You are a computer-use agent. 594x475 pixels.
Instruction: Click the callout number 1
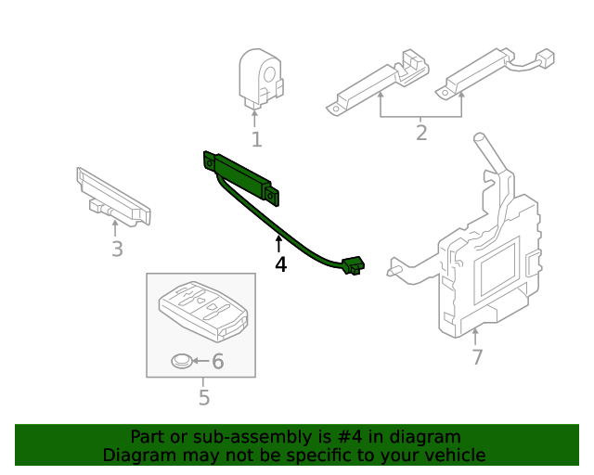click(x=256, y=140)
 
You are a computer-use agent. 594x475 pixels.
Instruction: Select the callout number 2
click(x=421, y=133)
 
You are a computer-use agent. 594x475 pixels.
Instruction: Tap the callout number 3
click(x=117, y=249)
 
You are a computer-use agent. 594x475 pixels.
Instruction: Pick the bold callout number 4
click(x=280, y=264)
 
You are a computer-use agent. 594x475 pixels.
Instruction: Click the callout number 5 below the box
click(x=204, y=398)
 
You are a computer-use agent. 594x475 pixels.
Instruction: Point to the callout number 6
click(x=218, y=361)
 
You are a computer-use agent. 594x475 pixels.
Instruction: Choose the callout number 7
click(x=476, y=356)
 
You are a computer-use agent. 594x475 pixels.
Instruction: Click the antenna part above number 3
click(x=113, y=197)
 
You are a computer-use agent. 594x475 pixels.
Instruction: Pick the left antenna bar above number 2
click(x=379, y=82)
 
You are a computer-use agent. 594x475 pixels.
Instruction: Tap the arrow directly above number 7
click(x=476, y=336)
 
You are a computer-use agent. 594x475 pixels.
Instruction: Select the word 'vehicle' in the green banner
click(x=454, y=455)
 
